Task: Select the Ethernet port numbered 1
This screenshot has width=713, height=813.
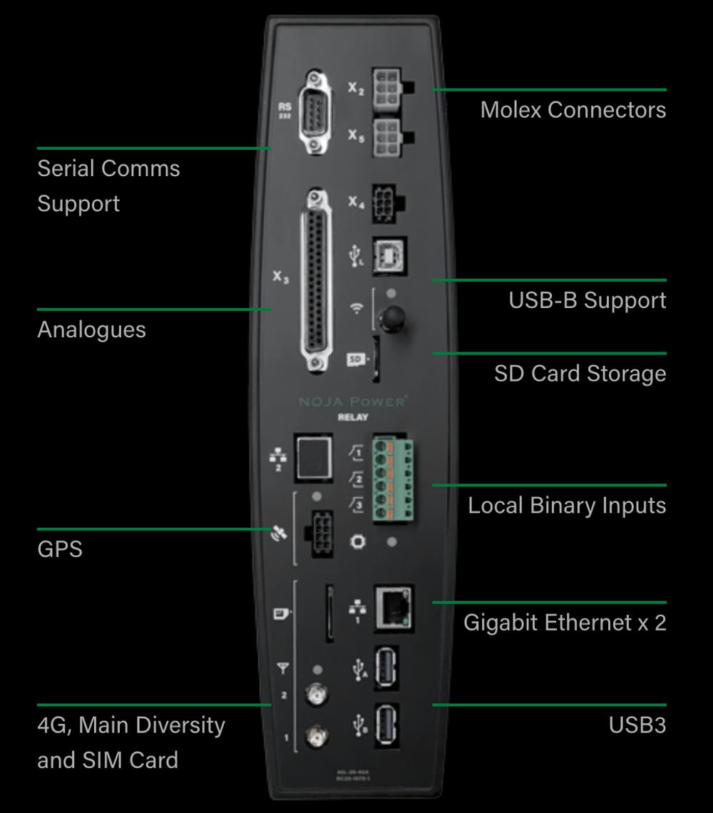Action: (393, 607)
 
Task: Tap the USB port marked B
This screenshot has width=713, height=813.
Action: (386, 725)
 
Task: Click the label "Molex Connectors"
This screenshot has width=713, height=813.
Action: (573, 110)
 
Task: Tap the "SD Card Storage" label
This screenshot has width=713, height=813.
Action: (580, 373)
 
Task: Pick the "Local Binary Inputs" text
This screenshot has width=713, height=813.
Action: (567, 505)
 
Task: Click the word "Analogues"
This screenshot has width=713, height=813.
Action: (91, 329)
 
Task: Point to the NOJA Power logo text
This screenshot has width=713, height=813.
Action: (353, 402)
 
